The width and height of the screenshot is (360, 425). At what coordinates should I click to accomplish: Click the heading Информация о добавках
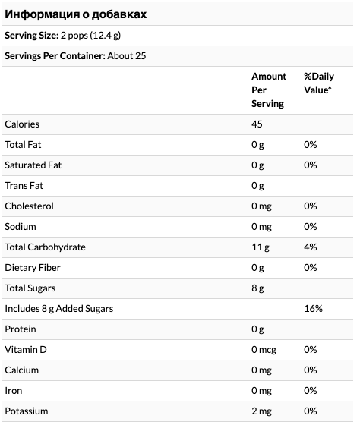[76, 14]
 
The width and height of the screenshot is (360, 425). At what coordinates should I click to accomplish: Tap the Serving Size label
[31, 35]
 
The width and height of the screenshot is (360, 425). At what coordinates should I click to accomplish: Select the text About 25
[127, 56]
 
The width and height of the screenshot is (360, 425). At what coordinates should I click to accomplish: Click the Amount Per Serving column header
[269, 90]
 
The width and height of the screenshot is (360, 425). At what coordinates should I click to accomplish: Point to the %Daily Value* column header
[319, 83]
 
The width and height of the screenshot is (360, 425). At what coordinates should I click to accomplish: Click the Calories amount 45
[257, 124]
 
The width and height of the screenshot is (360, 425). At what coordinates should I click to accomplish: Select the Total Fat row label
[23, 145]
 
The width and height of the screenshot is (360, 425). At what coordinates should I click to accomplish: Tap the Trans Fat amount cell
[257, 186]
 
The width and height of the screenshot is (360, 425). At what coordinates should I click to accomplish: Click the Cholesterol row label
[29, 206]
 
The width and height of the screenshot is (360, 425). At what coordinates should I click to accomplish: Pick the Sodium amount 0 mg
[261, 227]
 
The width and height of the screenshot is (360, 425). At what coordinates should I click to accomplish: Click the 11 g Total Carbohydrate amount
[261, 247]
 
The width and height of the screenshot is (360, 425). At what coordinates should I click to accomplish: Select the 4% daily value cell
[311, 247]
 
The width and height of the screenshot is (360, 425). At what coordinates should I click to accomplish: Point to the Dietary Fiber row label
[33, 267]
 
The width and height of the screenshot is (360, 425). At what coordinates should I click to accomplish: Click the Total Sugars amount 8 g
[257, 288]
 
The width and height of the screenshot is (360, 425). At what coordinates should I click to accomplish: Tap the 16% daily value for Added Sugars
[314, 308]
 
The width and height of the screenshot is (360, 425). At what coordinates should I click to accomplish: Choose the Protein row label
[21, 329]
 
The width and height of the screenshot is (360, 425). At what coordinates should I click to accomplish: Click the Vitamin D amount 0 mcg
[264, 350]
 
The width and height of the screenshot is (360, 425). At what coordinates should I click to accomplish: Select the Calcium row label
[22, 370]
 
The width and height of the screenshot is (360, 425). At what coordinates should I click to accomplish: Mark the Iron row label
[14, 391]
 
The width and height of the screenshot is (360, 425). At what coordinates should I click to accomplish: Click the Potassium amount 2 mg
[261, 411]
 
